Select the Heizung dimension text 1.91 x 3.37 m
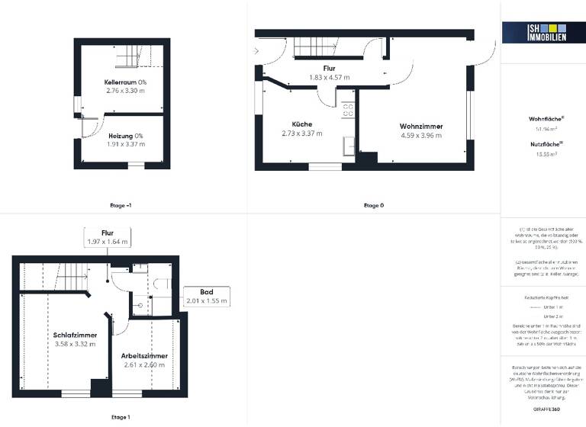tap(125, 144)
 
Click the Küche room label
tap(301, 124)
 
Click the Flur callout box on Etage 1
tap(108, 237)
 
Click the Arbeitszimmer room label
tap(144, 355)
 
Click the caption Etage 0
tap(373, 206)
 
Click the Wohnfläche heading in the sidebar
tap(546, 119)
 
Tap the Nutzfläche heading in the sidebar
tap(546, 143)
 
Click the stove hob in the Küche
tap(348, 109)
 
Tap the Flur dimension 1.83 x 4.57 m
tap(329, 77)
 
